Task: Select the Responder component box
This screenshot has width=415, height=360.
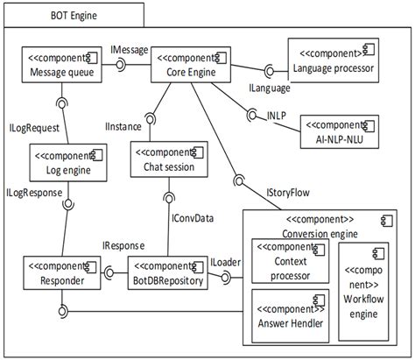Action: coord(62,273)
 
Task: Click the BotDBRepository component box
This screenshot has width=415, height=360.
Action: coord(168,273)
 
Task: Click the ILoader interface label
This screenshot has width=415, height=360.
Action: coord(225,260)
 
